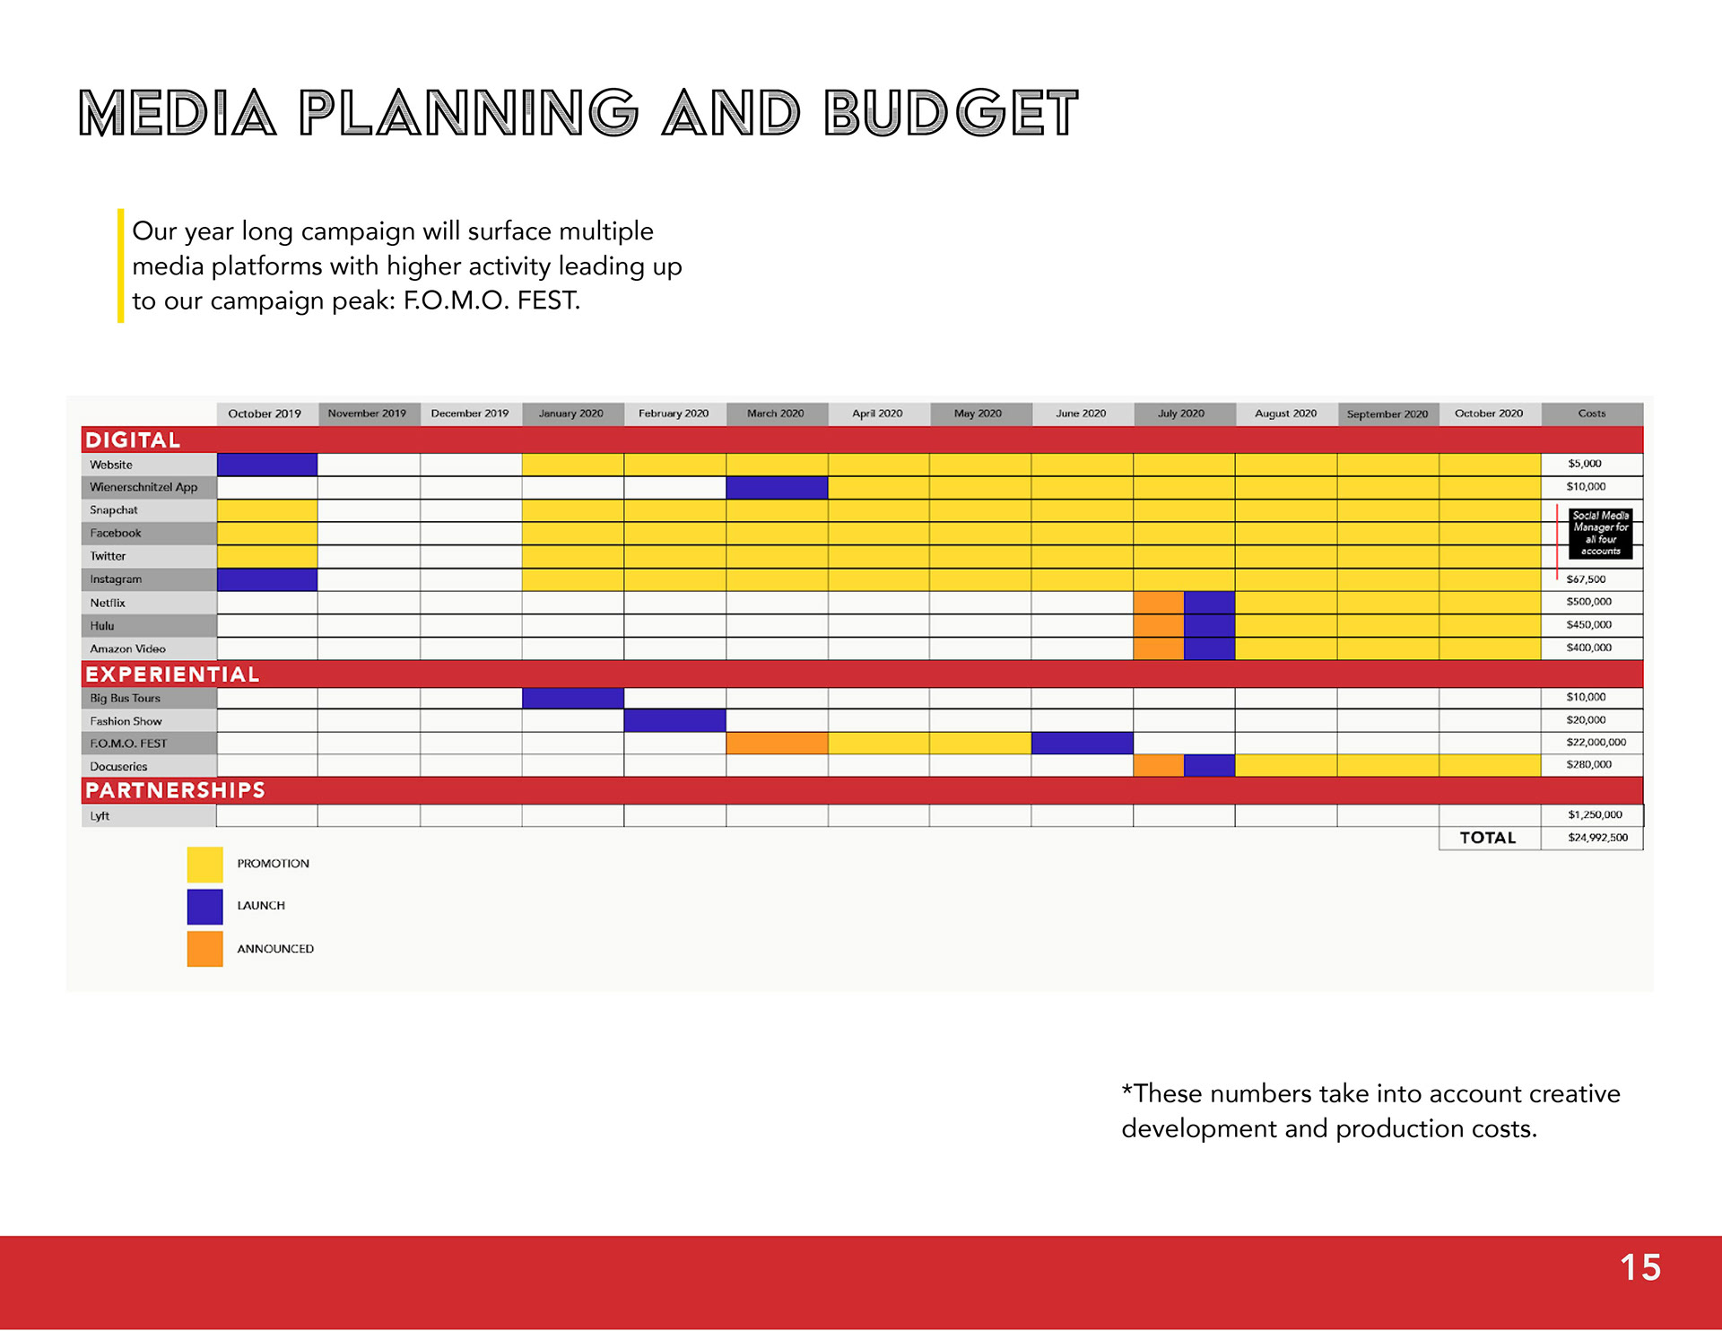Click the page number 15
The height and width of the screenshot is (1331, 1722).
(x=1639, y=1267)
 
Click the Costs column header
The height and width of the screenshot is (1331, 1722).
(x=1592, y=413)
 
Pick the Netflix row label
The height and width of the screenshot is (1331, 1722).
(x=108, y=603)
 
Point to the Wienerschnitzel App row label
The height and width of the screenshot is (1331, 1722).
(x=143, y=487)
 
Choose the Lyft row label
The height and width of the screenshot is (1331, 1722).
(x=100, y=816)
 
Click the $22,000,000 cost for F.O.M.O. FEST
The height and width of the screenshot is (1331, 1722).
(x=1596, y=743)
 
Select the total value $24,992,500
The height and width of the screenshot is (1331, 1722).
(x=1597, y=838)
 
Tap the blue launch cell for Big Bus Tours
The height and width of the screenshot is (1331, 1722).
(x=573, y=698)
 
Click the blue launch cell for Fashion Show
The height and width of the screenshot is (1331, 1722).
(x=675, y=720)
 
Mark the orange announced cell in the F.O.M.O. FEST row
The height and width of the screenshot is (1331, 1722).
(x=777, y=743)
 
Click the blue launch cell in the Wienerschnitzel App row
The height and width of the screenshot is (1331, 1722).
(x=777, y=487)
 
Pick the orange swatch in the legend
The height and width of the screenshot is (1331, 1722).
(x=204, y=949)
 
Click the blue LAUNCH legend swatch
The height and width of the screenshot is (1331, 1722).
(x=204, y=907)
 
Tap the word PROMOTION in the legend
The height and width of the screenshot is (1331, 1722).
(x=274, y=864)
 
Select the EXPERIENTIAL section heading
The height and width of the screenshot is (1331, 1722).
(x=172, y=674)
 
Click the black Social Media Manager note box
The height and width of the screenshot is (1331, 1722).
(x=1601, y=534)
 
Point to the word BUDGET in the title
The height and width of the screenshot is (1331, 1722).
(x=951, y=113)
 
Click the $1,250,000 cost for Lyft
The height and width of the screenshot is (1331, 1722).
(x=1595, y=815)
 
